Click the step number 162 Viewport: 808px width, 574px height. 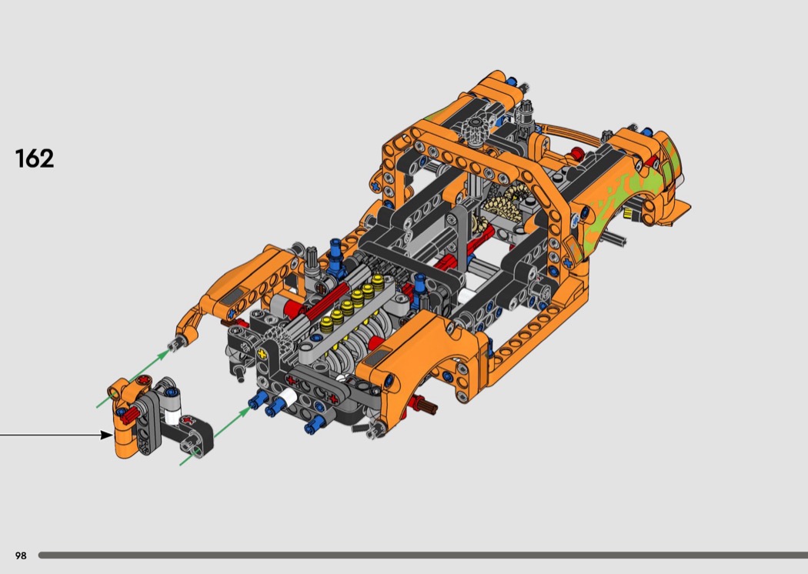point(35,159)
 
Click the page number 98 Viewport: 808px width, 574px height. point(21,556)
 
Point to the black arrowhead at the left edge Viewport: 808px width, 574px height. point(107,435)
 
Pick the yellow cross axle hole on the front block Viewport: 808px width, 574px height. point(263,355)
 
